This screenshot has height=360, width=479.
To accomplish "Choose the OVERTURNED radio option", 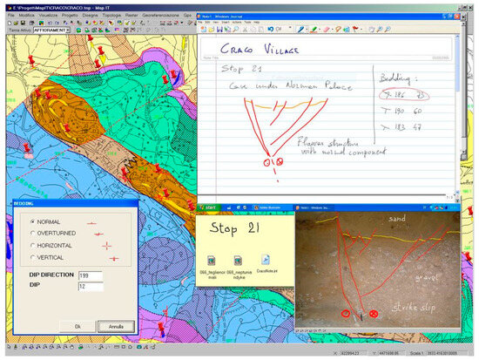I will tap(32, 234).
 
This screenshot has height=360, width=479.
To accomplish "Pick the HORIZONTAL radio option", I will tap(32, 246).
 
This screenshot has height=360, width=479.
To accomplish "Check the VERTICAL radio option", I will tap(32, 257).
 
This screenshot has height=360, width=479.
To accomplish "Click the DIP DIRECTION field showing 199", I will tap(91, 275).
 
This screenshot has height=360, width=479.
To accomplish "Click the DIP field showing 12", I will tap(91, 285).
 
